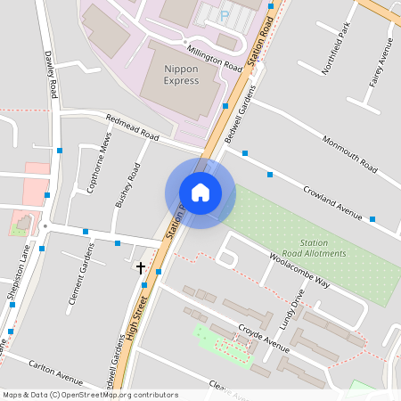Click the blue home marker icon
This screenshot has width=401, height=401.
coord(200,192)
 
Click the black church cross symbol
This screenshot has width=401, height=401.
coord(140,266)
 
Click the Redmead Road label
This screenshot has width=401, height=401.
coord(131,128)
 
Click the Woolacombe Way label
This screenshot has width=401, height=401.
coord(299,269)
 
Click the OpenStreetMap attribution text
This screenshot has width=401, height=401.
coord(90,395)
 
